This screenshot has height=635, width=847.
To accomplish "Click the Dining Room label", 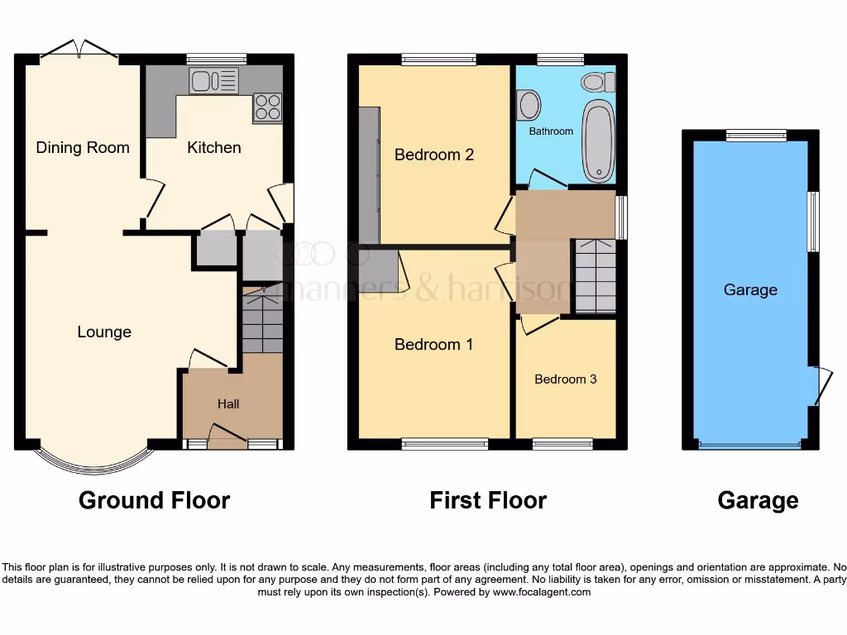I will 83,148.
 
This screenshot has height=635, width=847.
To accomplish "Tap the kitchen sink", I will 213,80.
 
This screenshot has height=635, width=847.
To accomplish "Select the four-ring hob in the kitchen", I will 267,107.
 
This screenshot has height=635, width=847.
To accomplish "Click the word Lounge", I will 104,332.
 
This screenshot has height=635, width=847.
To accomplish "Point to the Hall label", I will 228,403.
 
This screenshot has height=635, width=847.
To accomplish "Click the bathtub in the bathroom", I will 599,141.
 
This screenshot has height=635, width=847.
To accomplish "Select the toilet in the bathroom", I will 598,82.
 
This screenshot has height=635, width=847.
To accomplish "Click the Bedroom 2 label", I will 433,155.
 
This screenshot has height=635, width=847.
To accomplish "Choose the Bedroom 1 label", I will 433,344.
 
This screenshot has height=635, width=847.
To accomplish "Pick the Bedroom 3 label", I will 566,379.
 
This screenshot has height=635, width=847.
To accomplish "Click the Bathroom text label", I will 551,131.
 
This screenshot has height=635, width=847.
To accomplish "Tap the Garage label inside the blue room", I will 750,289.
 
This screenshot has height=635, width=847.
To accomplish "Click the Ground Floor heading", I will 154,500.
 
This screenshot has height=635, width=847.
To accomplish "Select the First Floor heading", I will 488,500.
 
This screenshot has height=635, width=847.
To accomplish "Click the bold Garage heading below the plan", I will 758,500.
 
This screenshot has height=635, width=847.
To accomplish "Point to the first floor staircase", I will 595,276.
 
